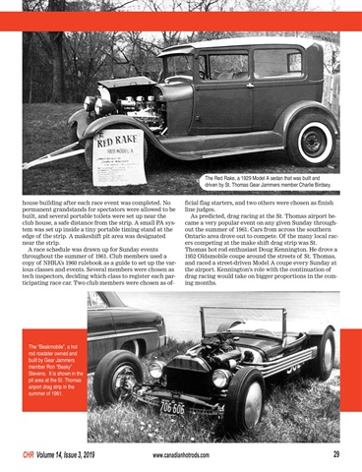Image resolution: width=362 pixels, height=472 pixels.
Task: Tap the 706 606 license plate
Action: tap(172, 406)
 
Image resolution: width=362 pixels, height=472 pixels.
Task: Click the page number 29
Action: tap(335, 454)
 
